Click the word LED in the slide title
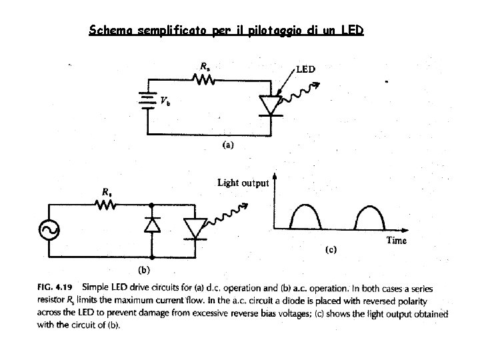tap(351, 31)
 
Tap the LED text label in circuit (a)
tap(305, 69)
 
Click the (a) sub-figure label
tap(228, 144)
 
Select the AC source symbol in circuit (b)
tap(50, 229)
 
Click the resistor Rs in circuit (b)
tap(107, 206)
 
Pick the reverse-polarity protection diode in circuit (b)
tap(152, 226)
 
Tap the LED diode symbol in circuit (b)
tap(195, 228)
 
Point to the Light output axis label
tap(243, 182)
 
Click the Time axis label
tap(396, 241)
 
